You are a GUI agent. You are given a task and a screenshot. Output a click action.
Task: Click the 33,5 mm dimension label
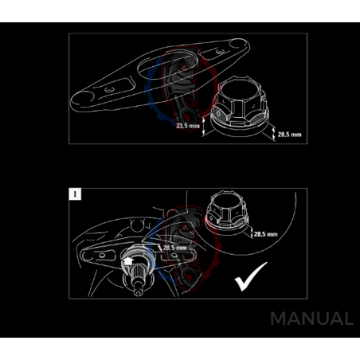tap(188, 126)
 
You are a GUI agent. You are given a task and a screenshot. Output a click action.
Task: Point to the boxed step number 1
tap(74, 194)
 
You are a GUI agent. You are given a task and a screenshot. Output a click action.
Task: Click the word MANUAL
tap(311, 319)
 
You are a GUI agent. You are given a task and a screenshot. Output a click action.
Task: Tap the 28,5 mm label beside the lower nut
tap(264, 234)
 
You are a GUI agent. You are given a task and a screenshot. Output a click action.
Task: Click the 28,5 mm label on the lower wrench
tap(175, 248)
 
